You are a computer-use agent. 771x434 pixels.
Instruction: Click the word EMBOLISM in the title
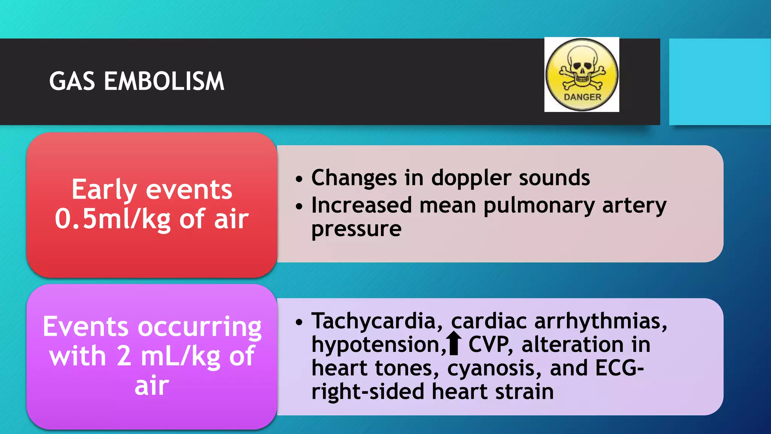[164, 81]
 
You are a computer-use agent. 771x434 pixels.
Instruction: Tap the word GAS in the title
[72, 81]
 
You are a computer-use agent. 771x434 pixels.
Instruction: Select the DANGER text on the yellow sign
[582, 97]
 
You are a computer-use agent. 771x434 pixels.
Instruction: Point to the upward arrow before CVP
[455, 343]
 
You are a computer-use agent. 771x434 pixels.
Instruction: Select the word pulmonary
[539, 206]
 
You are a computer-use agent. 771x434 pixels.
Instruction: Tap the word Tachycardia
[373, 321]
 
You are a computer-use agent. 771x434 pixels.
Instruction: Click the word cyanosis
[494, 368]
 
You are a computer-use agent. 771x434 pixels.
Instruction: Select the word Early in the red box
[104, 190]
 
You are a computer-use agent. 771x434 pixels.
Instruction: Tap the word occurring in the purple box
[200, 327]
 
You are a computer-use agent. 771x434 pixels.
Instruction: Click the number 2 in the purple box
[124, 356]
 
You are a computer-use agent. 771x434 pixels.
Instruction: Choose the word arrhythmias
[600, 321]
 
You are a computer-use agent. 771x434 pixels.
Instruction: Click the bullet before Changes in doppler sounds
[299, 179]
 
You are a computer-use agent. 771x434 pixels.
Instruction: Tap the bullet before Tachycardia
[299, 322]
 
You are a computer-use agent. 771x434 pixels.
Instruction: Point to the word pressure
[356, 229]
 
